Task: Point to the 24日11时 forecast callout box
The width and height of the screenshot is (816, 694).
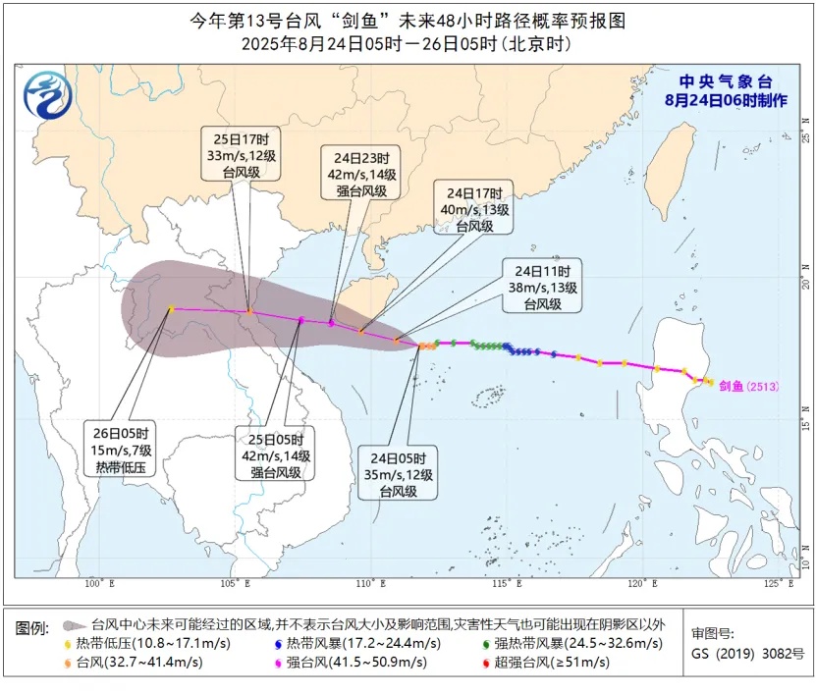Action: [x=542, y=286]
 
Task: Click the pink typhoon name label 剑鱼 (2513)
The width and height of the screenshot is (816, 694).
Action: [x=748, y=386]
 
